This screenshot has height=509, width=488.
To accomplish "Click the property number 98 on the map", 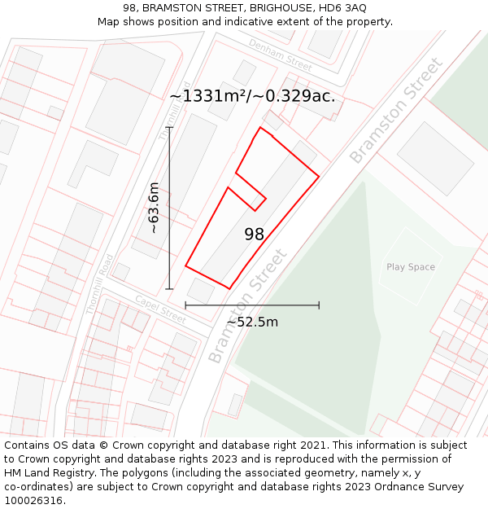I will pyautogui.click(x=255, y=235).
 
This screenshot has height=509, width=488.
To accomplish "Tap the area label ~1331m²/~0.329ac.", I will pyautogui.click(x=252, y=96).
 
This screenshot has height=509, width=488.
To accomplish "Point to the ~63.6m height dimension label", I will pyautogui.click(x=154, y=208).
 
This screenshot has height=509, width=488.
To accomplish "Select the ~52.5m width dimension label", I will pyautogui.click(x=252, y=322).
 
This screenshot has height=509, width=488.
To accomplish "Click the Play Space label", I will pyautogui.click(x=411, y=267).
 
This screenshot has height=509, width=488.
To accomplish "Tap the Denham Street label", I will pyautogui.click(x=281, y=55).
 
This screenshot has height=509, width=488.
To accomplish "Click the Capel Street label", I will pyautogui.click(x=160, y=308).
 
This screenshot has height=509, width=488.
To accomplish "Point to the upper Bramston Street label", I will pyautogui.click(x=396, y=111).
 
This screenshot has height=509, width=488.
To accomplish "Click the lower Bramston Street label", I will pyautogui.click(x=248, y=305).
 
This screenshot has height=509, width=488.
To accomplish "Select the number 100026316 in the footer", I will pyautogui.click(x=33, y=500).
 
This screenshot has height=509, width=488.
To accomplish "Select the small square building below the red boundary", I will pyautogui.click(x=201, y=288).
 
